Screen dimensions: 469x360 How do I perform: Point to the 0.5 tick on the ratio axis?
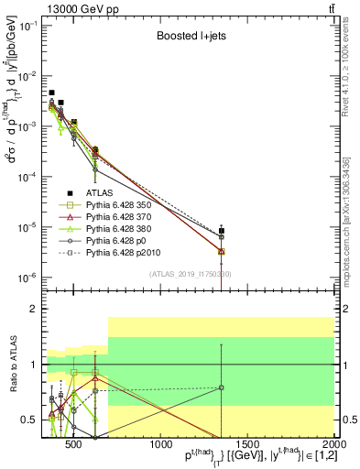pyautogui.click(x=34, y=420)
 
